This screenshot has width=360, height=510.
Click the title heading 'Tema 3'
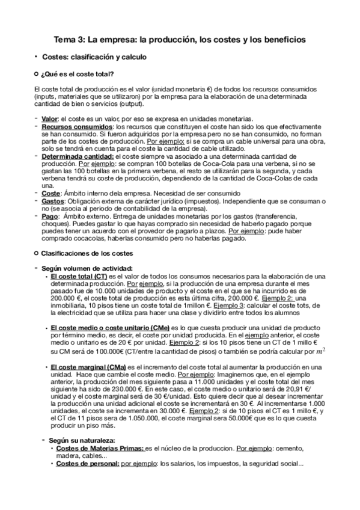(x=180, y=40)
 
